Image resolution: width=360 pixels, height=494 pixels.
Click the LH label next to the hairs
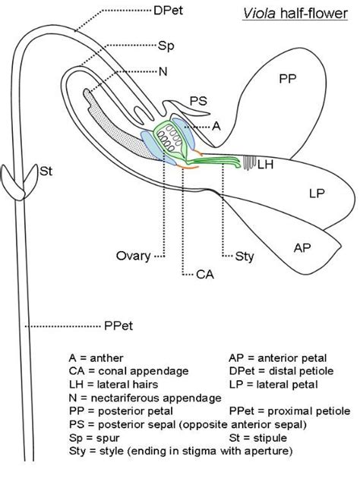pyautogui.click(x=266, y=165)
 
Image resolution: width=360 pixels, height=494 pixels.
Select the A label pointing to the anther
pyautogui.click(x=216, y=128)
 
